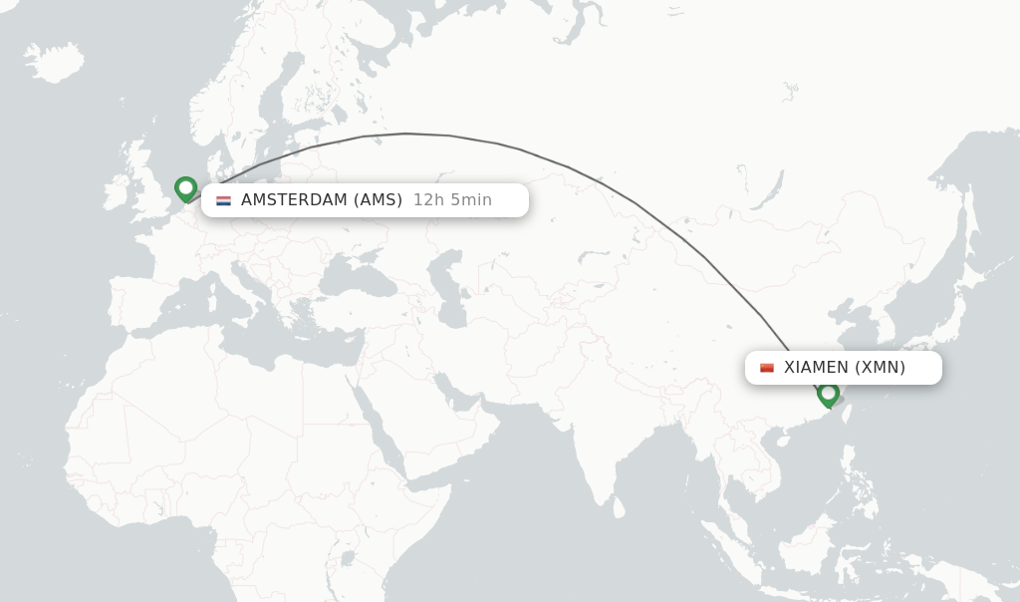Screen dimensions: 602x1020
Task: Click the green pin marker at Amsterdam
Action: pyautogui.click(x=185, y=188)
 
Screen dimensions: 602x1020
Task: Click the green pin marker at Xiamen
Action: pyautogui.click(x=828, y=394)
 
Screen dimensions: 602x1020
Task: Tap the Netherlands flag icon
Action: pyautogui.click(x=223, y=200)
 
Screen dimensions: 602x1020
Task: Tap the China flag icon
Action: pyautogui.click(x=767, y=368)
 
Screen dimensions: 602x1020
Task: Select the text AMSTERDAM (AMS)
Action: pyautogui.click(x=321, y=199)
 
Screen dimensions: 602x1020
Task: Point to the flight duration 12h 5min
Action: pyautogui.click(x=452, y=199)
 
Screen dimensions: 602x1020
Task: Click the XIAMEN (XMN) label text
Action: pyautogui.click(x=845, y=367)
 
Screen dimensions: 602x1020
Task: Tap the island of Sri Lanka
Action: pyautogui.click(x=618, y=506)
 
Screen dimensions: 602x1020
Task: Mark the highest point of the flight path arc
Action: pyautogui.click(x=406, y=134)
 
